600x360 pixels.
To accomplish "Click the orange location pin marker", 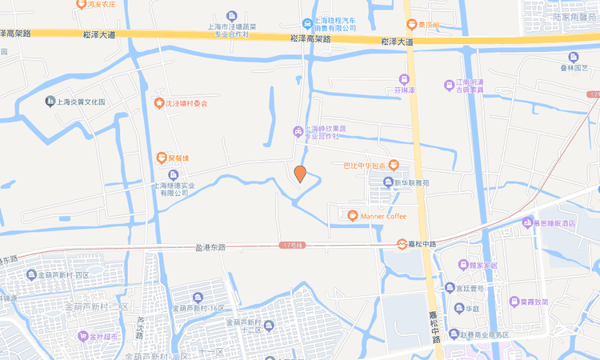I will pyautogui.click(x=300, y=174).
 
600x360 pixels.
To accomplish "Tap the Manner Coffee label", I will pyautogui.click(x=383, y=216).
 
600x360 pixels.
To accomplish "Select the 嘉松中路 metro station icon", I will pyautogui.click(x=402, y=244).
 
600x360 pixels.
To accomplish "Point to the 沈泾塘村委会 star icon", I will pyautogui.click(x=158, y=103).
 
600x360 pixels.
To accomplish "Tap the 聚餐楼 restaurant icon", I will pyautogui.click(x=161, y=158).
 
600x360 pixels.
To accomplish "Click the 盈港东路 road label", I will pyautogui.click(x=210, y=247).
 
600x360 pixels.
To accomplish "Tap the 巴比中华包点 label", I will pyautogui.click(x=365, y=166).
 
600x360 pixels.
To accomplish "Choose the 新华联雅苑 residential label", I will pyautogui.click(x=411, y=182).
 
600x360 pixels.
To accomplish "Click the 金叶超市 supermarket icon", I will pyautogui.click(x=82, y=337).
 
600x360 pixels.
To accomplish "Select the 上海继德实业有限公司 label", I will pyautogui.click(x=170, y=188).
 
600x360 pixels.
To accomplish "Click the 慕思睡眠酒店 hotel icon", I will pyautogui.click(x=526, y=222).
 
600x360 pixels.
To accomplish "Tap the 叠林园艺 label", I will pyautogui.click(x=573, y=69).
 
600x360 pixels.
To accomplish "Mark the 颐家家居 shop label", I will pyautogui.click(x=483, y=264).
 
